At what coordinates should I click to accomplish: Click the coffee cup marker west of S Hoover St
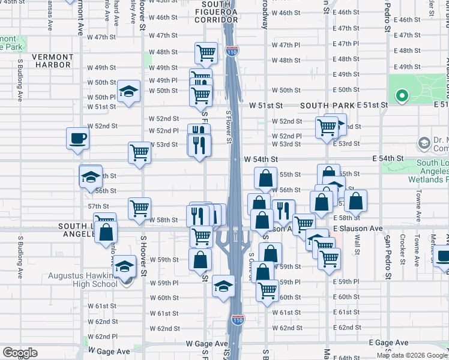pyautogui.click(x=78, y=138)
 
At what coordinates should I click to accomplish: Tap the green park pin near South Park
pyautogui.click(x=401, y=95)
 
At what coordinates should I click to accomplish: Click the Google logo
pyautogui.click(x=20, y=353)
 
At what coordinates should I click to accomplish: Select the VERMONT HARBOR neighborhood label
pyautogui.click(x=53, y=61)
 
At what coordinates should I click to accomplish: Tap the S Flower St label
pyautogui.click(x=228, y=127)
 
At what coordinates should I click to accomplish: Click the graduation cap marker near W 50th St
pyautogui.click(x=128, y=91)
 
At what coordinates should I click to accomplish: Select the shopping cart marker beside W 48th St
pyautogui.click(x=206, y=53)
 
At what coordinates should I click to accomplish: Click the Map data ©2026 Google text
pyautogui.click(x=411, y=355)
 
